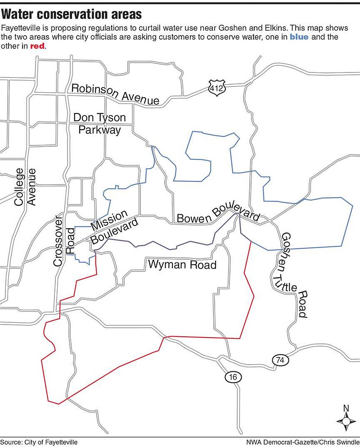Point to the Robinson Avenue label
[115, 94]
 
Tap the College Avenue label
[25, 186]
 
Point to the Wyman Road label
[182, 264]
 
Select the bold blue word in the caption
[298, 37]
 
